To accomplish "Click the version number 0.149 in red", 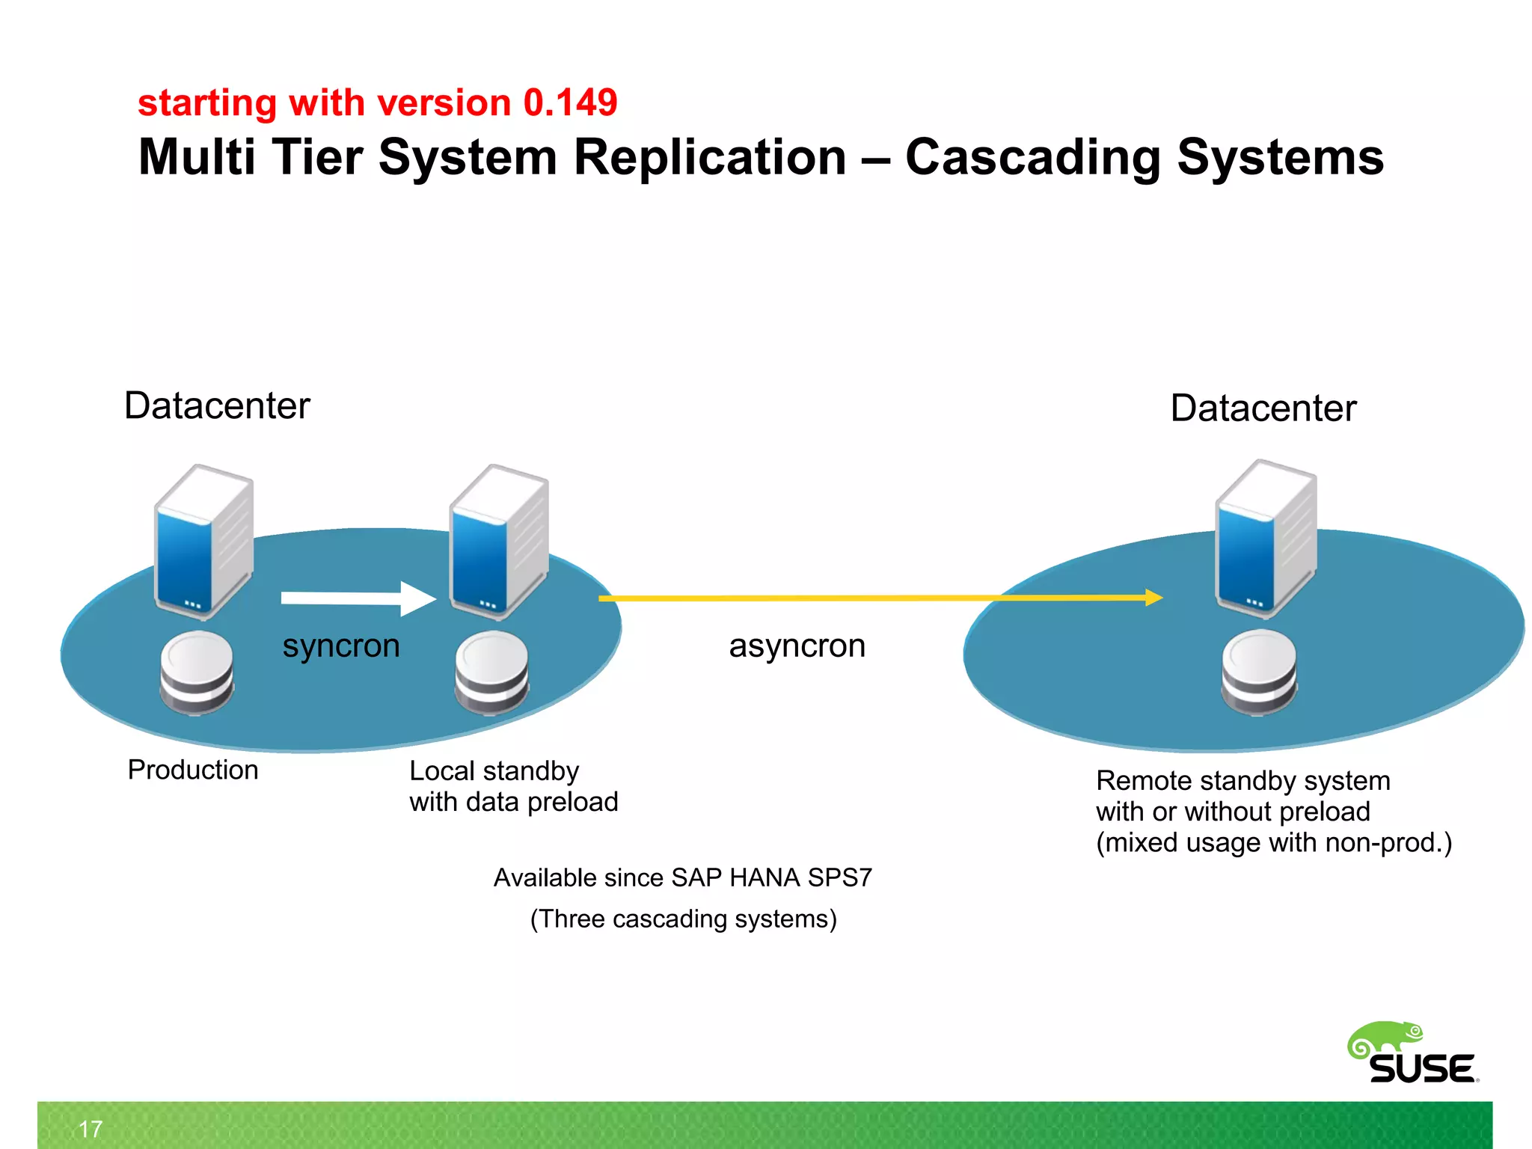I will pos(570,102).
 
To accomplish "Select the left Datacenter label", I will pos(217,406).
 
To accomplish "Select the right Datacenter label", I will pos(1263,408).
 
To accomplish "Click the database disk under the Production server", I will pos(197,672).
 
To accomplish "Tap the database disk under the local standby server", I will pos(491,672).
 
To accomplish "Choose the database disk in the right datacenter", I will pos(1259,671).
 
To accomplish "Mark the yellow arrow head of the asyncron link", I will pos(1154,597).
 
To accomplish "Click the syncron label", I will pos(341,646).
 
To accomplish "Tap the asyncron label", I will pos(797,646).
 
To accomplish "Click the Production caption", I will pos(193,770).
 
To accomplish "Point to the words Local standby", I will pos(494,771).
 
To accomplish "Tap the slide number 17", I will pos(91,1129).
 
